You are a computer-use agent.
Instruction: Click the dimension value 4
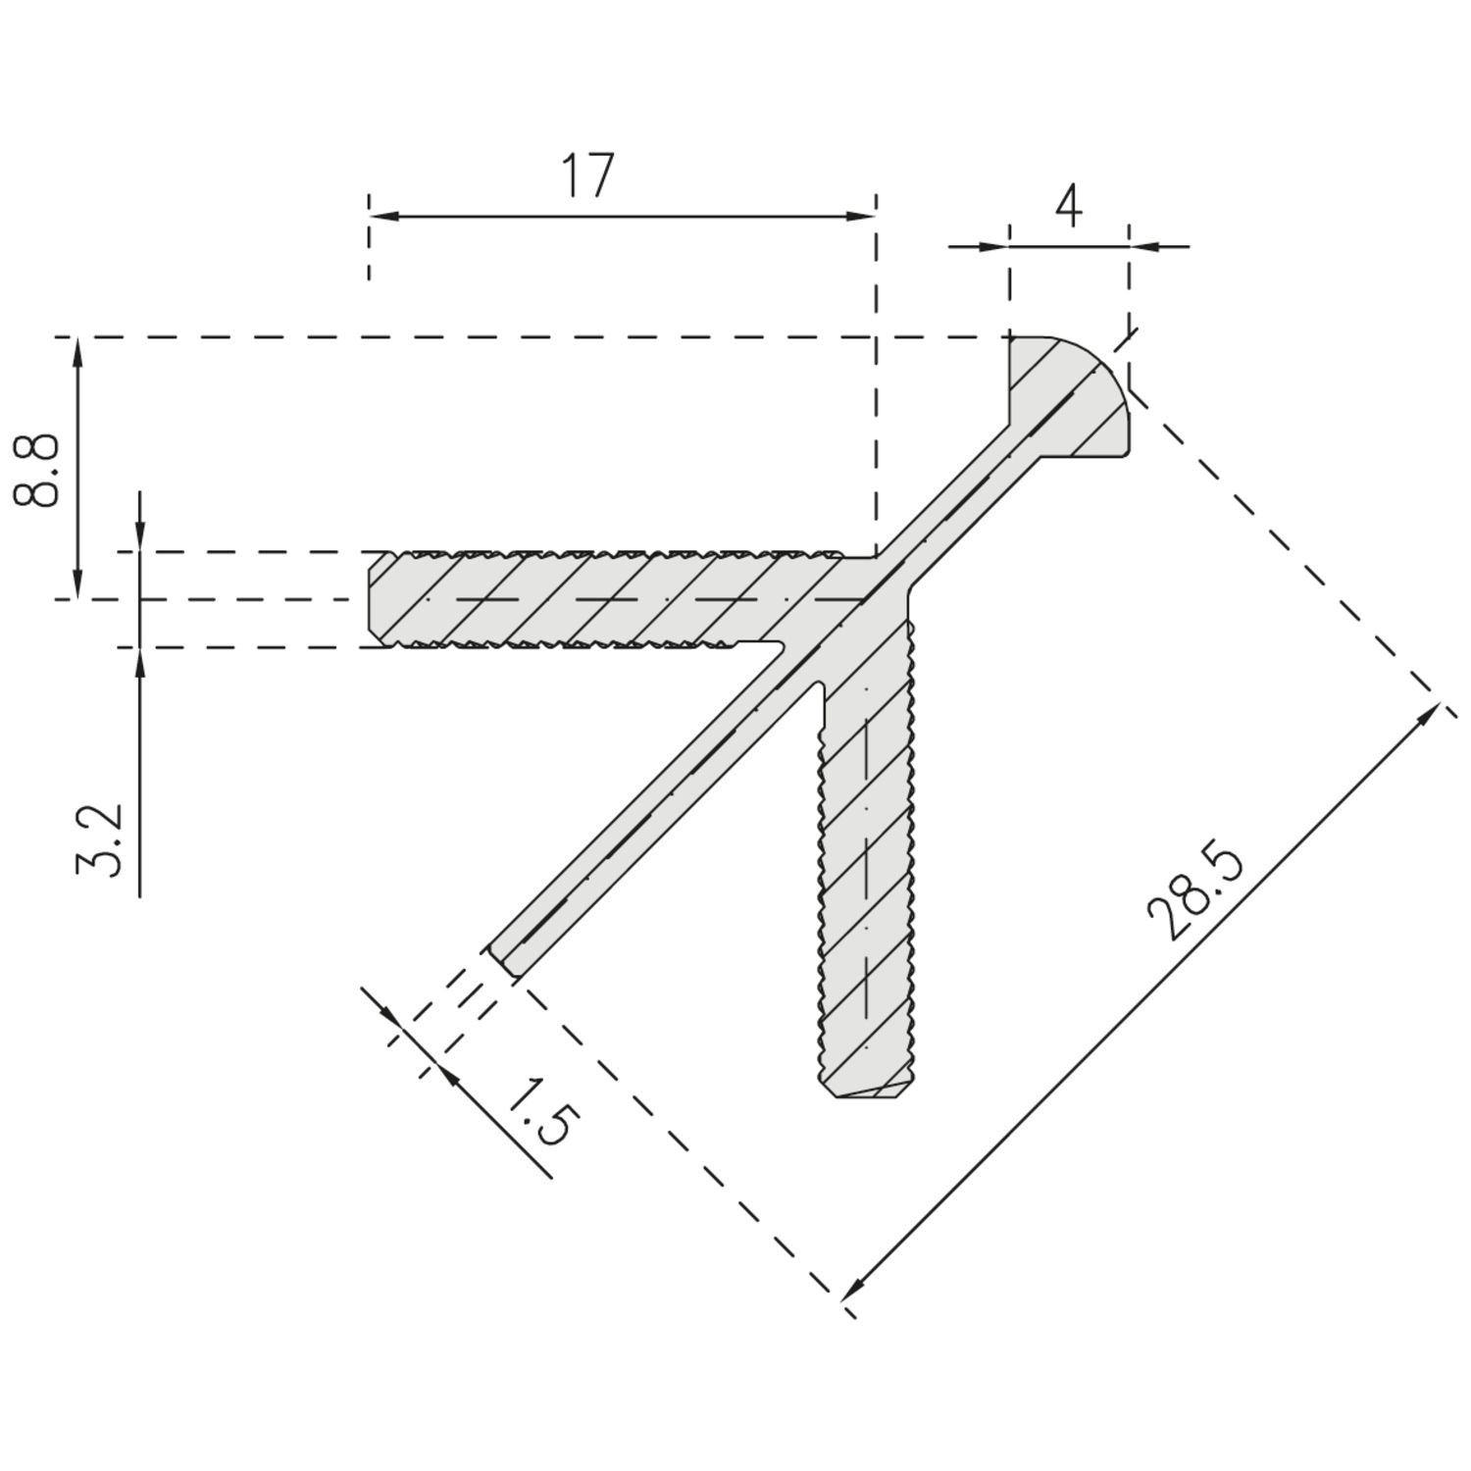(1069, 206)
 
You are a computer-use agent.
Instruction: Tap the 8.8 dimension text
(37, 471)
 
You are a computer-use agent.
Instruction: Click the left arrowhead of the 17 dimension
(380, 216)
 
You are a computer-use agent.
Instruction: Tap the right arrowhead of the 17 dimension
(863, 216)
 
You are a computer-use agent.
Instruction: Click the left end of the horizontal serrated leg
(373, 598)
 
